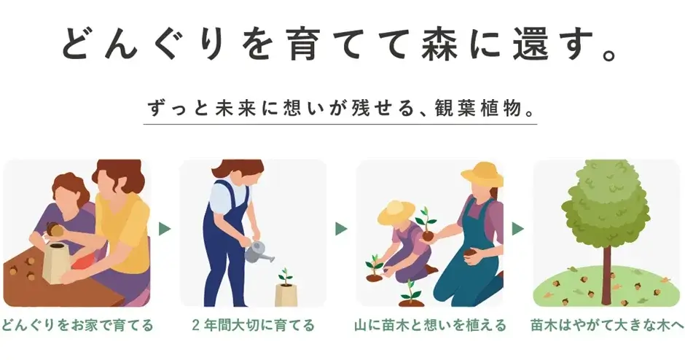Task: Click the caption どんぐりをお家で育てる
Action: click(x=77, y=326)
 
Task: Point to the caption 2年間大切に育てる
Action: click(x=253, y=326)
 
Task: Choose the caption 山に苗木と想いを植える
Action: click(x=430, y=326)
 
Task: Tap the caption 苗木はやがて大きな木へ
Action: click(x=607, y=326)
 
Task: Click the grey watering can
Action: click(x=259, y=252)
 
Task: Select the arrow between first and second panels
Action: click(x=165, y=229)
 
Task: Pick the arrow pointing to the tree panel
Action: click(x=517, y=229)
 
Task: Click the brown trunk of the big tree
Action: click(x=606, y=271)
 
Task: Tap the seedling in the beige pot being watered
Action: click(x=285, y=276)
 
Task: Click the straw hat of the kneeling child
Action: click(x=396, y=212)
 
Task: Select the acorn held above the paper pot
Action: click(x=53, y=228)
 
